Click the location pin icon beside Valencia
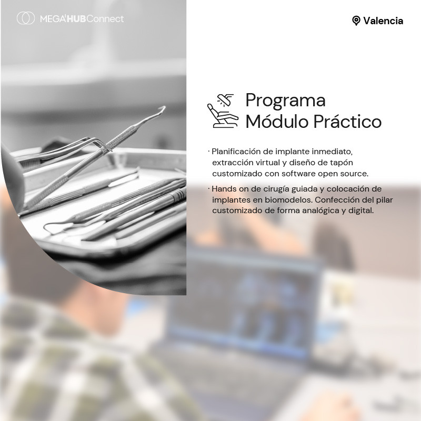pos(356,21)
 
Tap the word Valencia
pos(383,21)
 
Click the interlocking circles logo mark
pos(26,18)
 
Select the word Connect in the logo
pos(105,19)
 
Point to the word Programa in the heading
pos(285,100)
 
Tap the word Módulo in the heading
pos(277,122)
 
